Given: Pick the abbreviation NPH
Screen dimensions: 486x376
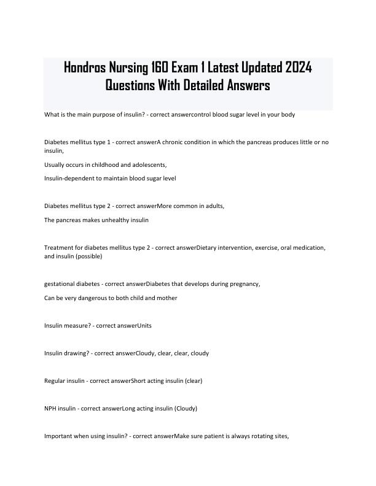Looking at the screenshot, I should coord(52,408).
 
